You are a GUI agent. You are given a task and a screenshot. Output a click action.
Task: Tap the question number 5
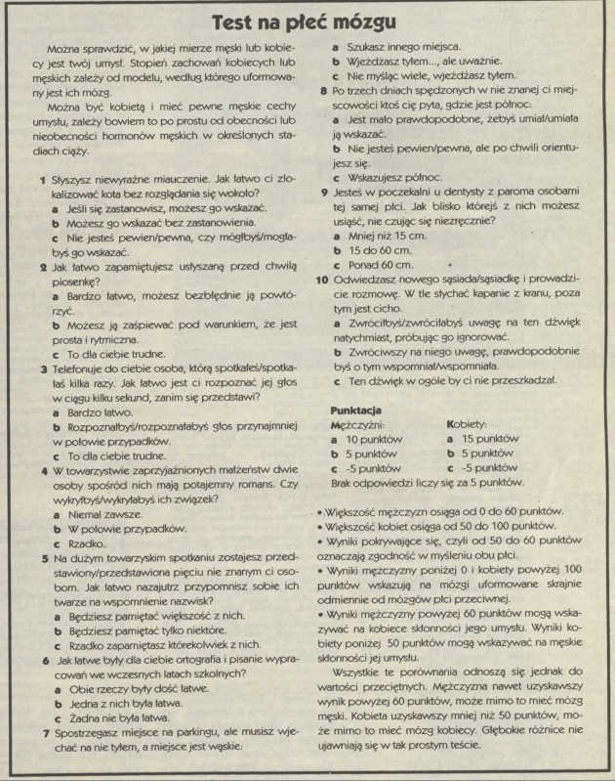click(42, 558)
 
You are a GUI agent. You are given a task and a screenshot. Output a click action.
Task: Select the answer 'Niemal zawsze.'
click(102, 514)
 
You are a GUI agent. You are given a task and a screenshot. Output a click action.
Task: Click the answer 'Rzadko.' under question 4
click(88, 542)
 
